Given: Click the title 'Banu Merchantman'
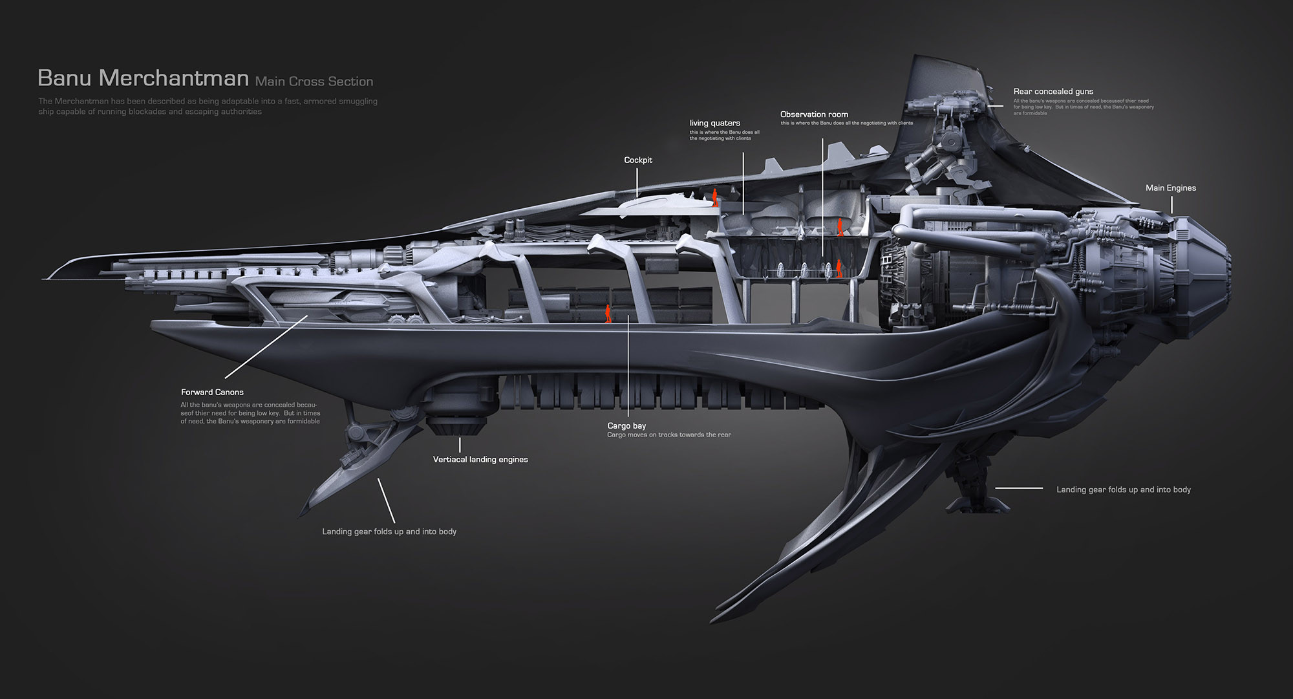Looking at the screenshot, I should click(143, 78).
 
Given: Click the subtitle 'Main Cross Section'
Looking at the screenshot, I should click(314, 81).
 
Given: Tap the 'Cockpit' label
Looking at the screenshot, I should click(638, 160).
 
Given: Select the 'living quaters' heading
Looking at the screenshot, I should click(714, 123).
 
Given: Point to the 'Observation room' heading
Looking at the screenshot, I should click(814, 114).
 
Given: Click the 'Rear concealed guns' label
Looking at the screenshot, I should click(1053, 92).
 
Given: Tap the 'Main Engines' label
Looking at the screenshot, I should click(1170, 188).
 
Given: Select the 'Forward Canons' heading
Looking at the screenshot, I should click(212, 393).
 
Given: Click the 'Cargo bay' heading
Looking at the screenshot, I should click(626, 426).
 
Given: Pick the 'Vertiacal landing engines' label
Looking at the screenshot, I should click(480, 460).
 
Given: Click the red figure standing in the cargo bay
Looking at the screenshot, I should click(608, 314).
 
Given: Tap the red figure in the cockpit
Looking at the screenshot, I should click(715, 197).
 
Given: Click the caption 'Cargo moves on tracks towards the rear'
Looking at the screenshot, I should click(668, 435).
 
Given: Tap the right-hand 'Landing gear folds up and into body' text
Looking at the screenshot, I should click(1123, 490).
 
